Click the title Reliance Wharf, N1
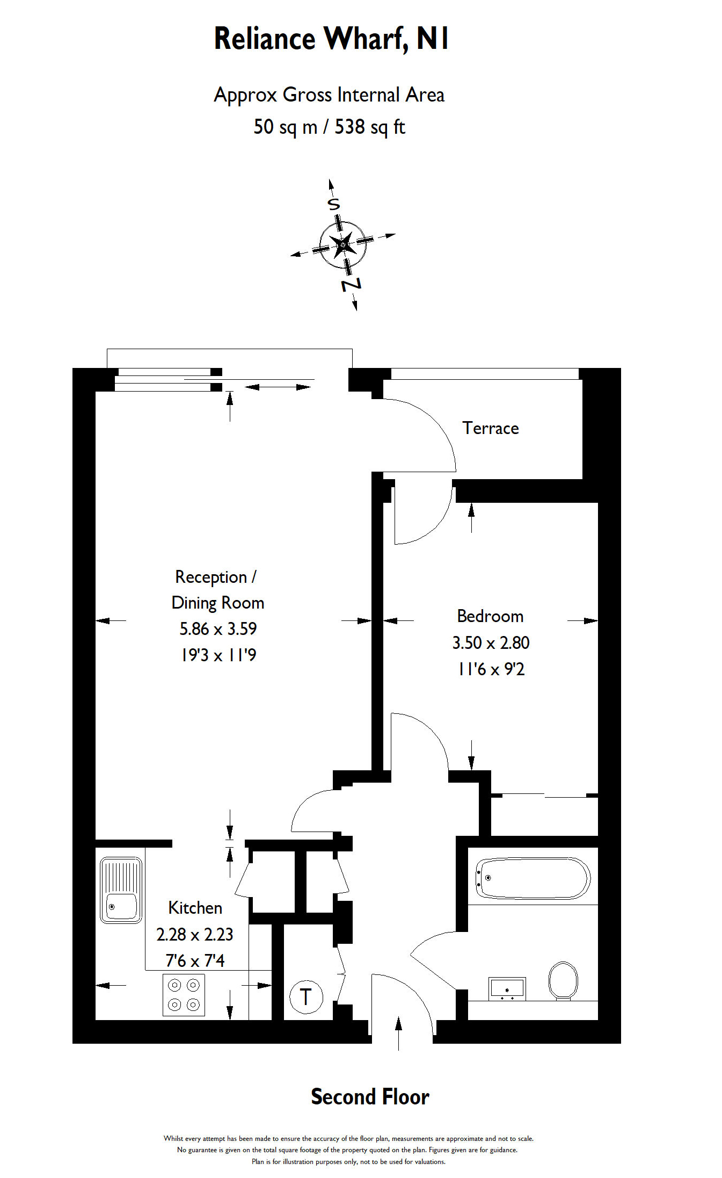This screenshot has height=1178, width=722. click(331, 39)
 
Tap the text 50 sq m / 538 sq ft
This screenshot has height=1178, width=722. click(329, 127)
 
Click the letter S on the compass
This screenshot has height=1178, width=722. click(334, 204)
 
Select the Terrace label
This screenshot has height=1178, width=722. click(490, 428)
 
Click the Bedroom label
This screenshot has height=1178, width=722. click(490, 616)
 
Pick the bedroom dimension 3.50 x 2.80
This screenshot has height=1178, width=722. click(491, 642)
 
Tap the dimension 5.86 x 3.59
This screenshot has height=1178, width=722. click(218, 628)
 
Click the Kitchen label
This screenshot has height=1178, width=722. click(195, 908)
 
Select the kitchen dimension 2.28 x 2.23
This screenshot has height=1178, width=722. click(194, 934)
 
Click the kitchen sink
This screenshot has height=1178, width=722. click(121, 890)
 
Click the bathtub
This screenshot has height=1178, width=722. click(532, 878)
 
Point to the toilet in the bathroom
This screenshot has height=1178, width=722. click(563, 981)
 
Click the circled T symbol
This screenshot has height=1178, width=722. click(306, 997)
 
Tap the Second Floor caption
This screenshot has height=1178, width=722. click(370, 1097)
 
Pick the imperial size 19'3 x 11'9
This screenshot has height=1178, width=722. click(218, 655)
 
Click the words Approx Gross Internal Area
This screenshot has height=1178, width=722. click(329, 95)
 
